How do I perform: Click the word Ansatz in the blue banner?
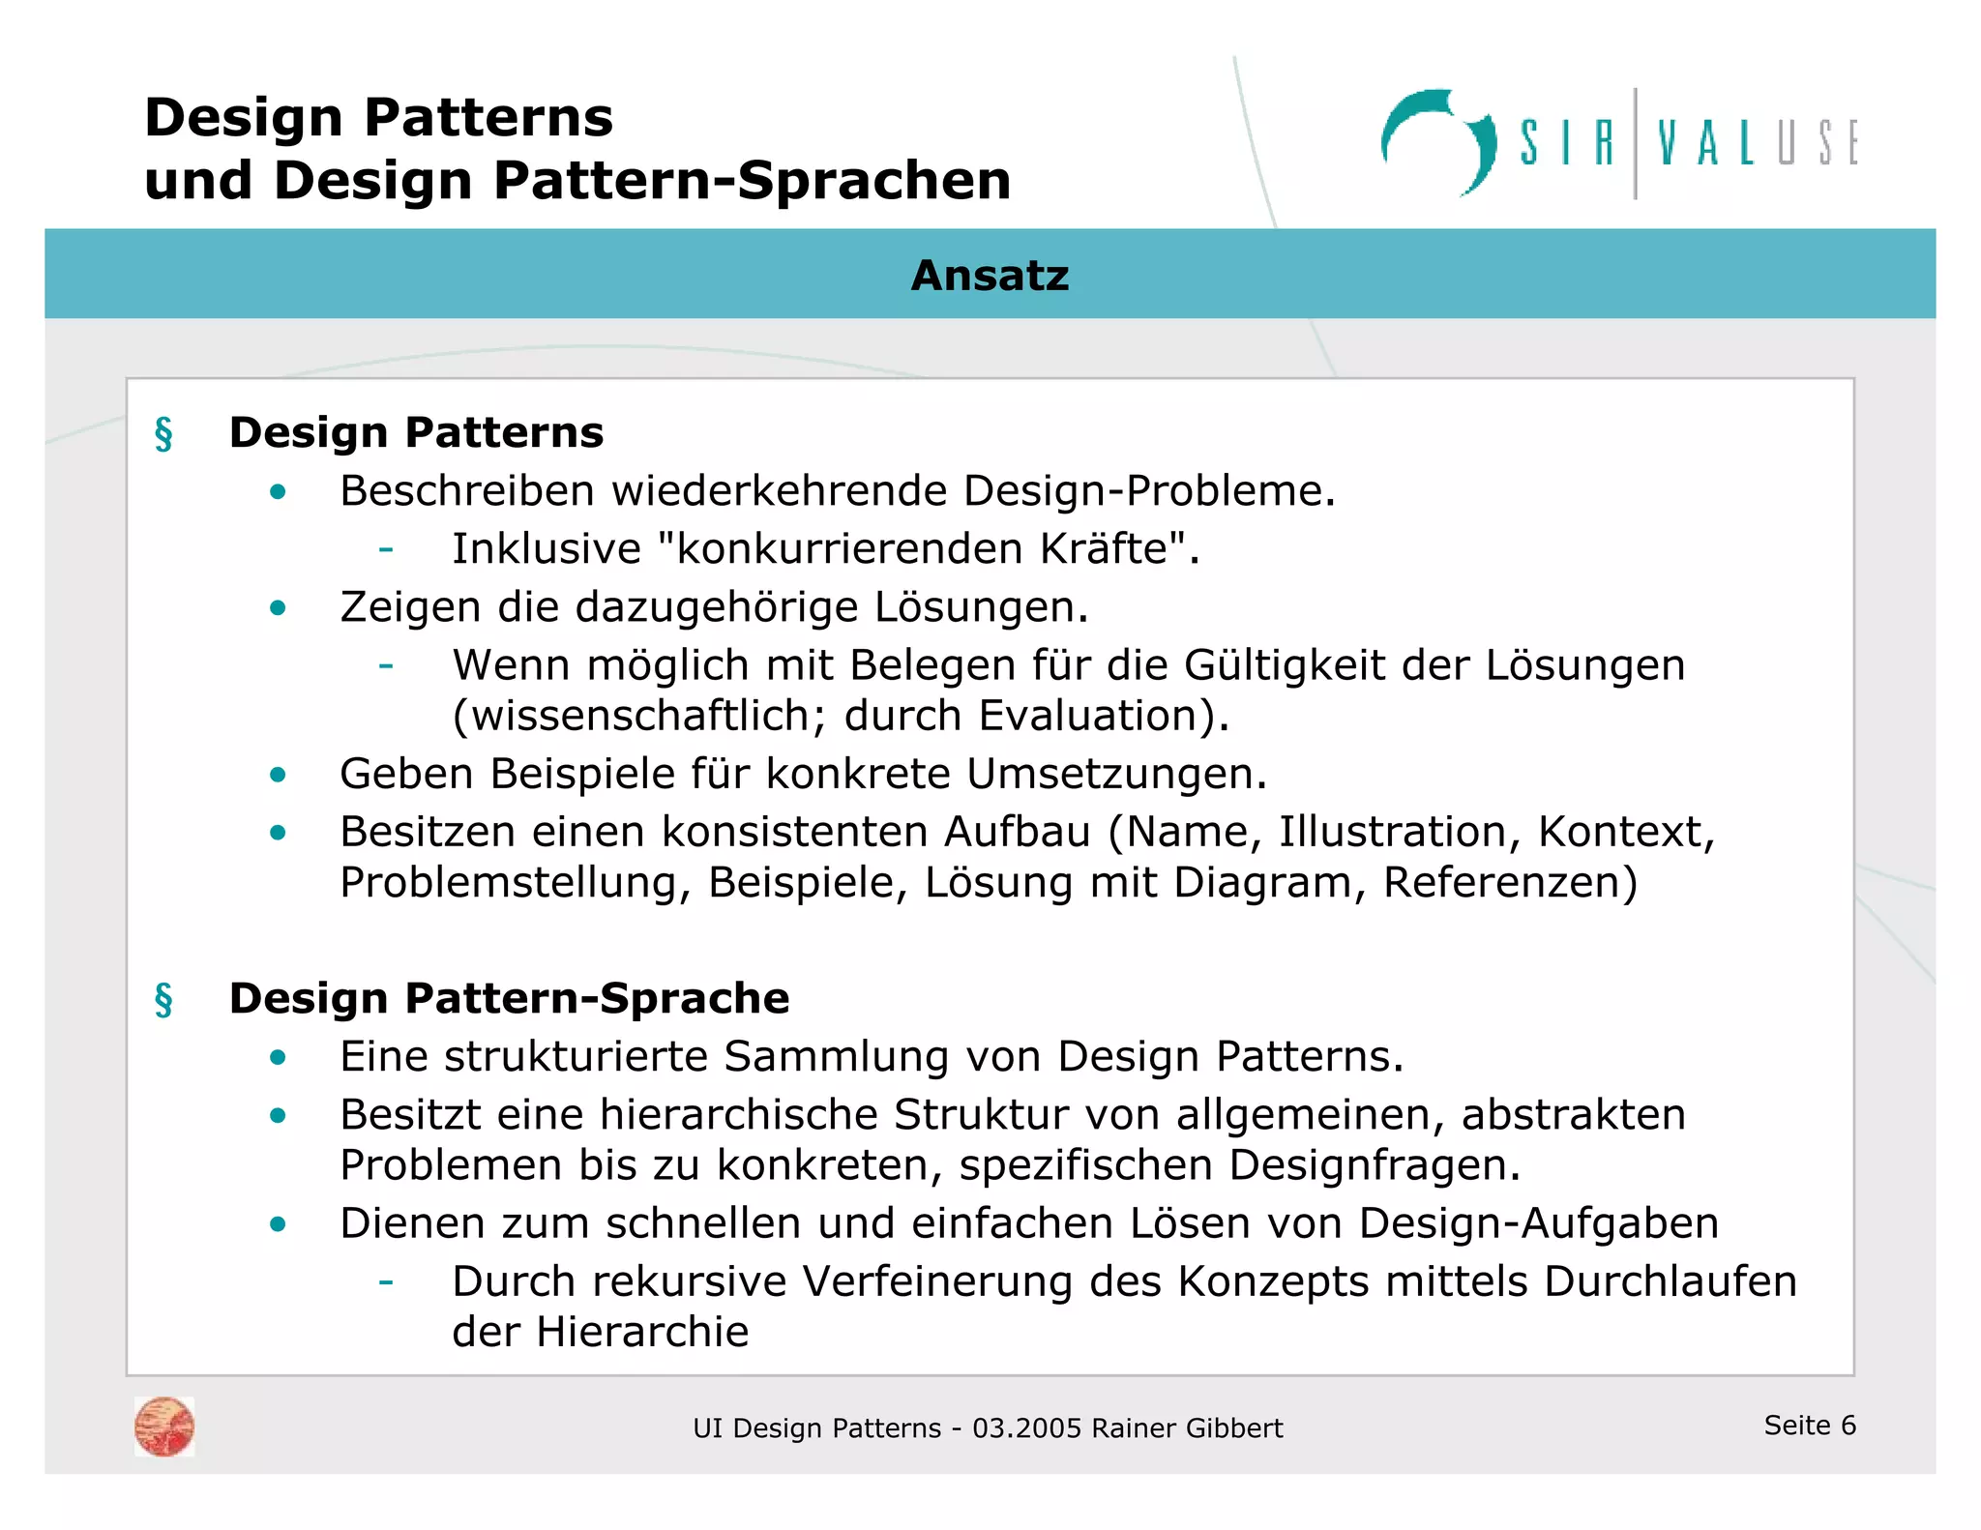[990, 276]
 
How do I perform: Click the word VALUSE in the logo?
[1757, 144]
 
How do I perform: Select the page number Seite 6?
[1809, 1425]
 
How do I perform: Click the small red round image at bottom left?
[164, 1427]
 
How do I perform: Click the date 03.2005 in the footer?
[1026, 1428]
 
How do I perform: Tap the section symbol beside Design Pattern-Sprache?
[163, 999]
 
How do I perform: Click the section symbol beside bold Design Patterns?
[163, 433]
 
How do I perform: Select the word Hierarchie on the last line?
[642, 1333]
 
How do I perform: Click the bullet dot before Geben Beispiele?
[279, 775]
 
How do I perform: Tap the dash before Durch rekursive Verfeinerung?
[386, 1282]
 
